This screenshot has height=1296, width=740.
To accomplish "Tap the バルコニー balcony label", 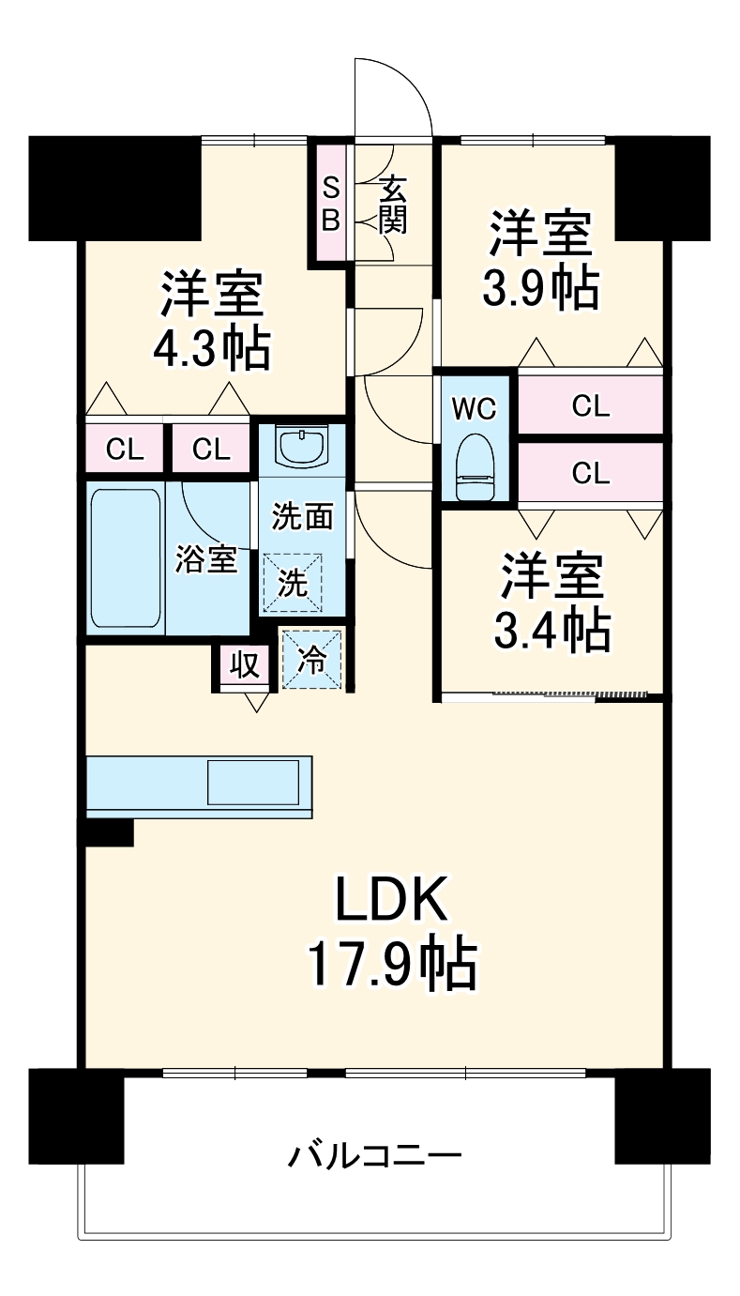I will [374, 1153].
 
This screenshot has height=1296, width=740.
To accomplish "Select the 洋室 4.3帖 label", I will [212, 320].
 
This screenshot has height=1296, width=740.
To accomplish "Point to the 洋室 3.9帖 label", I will [538, 262].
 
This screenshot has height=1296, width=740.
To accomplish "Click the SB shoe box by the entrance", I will [331, 203].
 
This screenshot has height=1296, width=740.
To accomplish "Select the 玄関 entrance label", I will [393, 206].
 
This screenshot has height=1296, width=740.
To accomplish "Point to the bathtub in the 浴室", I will [126, 558].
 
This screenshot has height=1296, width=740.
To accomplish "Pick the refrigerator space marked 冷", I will [312, 660].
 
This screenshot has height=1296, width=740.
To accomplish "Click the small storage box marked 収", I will [245, 665].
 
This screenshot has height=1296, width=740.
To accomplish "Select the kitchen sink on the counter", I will [253, 782].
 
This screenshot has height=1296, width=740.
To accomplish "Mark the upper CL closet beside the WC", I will [590, 406].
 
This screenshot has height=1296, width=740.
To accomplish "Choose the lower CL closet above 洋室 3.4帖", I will [590, 474].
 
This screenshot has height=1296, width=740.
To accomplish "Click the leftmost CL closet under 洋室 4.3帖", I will [125, 450].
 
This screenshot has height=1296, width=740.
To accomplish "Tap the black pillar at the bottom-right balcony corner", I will [661, 1115].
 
